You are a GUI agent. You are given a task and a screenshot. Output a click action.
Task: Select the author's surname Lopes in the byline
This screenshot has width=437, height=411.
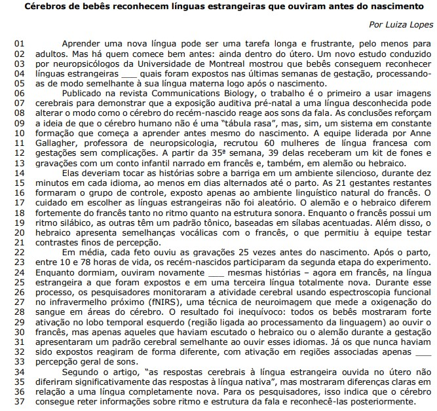pyautogui.click(x=419, y=25)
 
